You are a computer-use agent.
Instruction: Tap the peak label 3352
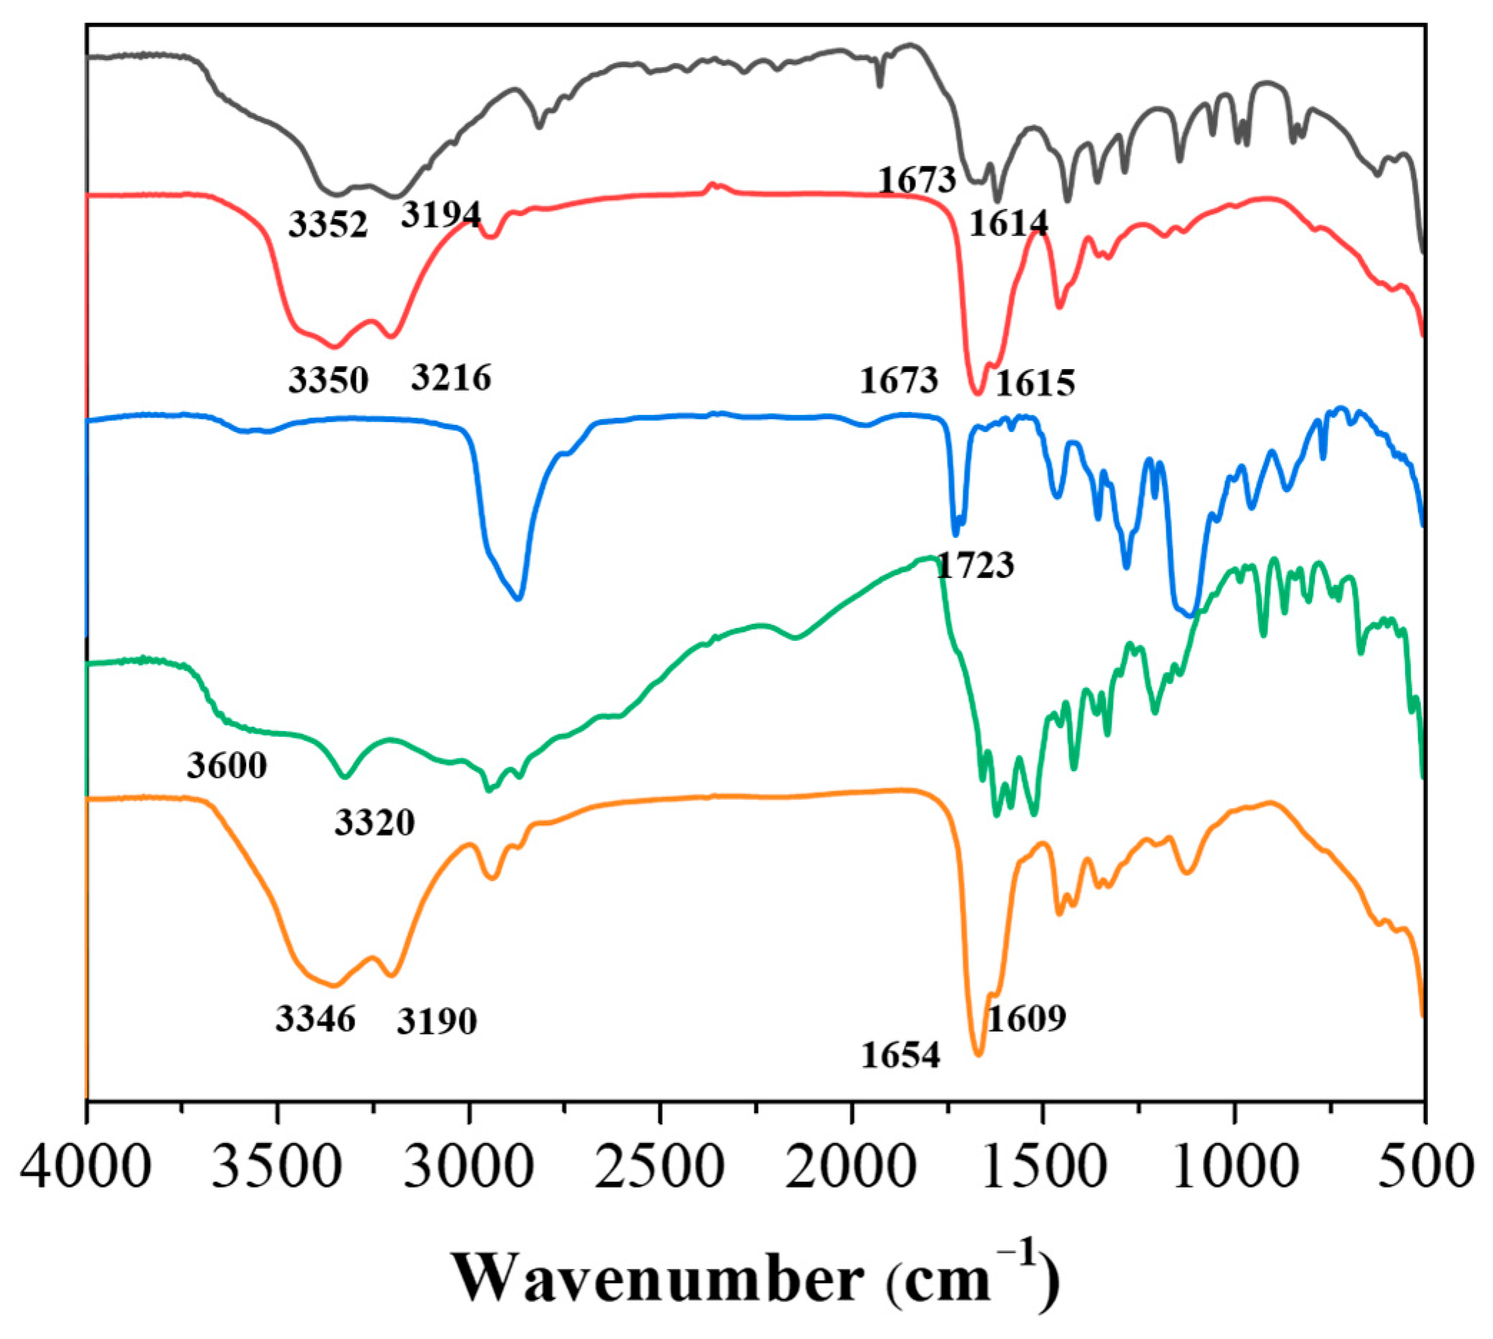coord(328,225)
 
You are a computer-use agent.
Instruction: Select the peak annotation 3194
coord(440,214)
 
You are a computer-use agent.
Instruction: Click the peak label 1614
coord(1008,223)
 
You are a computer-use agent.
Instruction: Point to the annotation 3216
coord(451,378)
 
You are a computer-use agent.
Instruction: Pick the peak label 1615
coord(1035,382)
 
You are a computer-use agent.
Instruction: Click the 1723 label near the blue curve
coord(975,565)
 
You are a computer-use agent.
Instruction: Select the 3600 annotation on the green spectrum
coord(227,765)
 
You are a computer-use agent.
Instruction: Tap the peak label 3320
coord(375,822)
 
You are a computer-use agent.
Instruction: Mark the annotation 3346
coord(315,1019)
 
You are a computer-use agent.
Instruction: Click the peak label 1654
coord(900,1056)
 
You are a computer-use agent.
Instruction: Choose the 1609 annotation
coord(1026,1019)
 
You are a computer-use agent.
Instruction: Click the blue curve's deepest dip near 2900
coord(518,599)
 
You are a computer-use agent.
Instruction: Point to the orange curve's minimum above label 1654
coord(978,1055)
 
